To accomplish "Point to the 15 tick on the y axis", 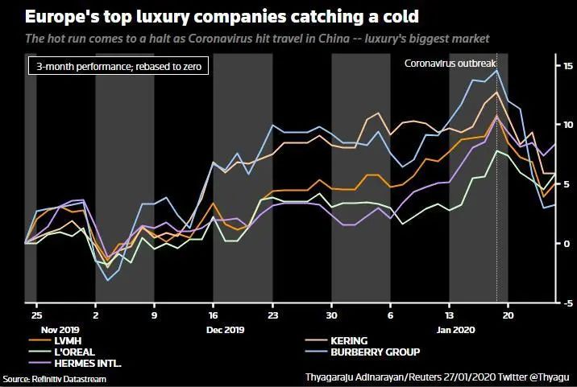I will point(567,64).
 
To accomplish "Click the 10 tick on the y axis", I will point(567,124).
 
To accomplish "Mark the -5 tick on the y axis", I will point(567,303).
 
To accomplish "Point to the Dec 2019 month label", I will point(225,330).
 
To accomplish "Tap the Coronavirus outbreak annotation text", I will point(450,63).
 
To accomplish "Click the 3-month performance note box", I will point(118,67).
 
